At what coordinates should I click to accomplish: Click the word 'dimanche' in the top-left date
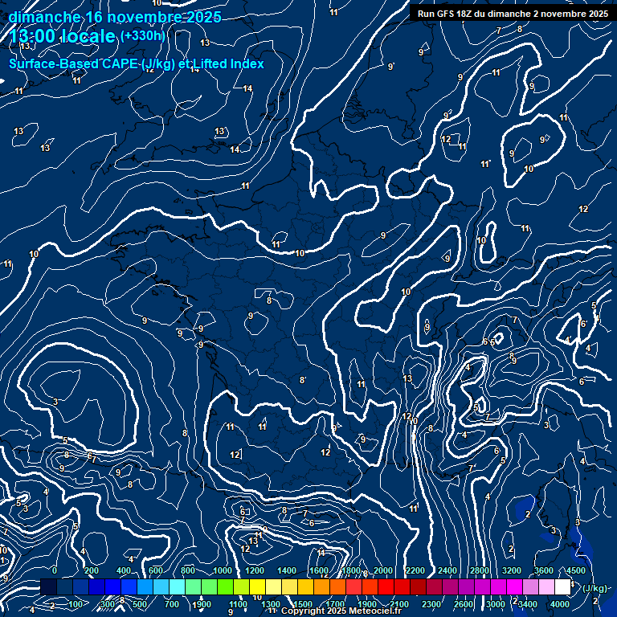pyautogui.click(x=43, y=17)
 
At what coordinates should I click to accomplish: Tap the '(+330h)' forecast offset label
pyautogui.click(x=143, y=36)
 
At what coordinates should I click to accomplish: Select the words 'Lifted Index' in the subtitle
pyautogui.click(x=231, y=64)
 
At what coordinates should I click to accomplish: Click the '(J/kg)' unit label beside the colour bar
pyautogui.click(x=595, y=589)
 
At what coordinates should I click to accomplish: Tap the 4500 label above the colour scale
pyautogui.click(x=575, y=570)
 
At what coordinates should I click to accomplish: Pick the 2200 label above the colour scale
pyautogui.click(x=415, y=570)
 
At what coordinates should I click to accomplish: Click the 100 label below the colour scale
pyautogui.click(x=77, y=604)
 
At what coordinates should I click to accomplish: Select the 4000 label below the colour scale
pyautogui.click(x=559, y=604)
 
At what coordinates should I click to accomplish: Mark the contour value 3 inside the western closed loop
pyautogui.click(x=55, y=402)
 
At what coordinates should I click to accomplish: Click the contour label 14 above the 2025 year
pyautogui.click(x=194, y=69)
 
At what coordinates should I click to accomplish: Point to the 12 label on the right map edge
pyautogui.click(x=583, y=210)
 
